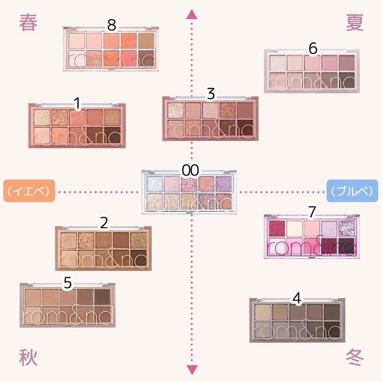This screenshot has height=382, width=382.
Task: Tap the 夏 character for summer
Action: click(355, 23)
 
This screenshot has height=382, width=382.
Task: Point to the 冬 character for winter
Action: click(355, 357)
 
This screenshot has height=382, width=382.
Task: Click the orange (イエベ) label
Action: click(29, 191)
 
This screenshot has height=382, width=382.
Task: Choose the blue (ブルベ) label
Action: click(353, 191)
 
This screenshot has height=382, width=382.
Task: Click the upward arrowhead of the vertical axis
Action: click(192, 14)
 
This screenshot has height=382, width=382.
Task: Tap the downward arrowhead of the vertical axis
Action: click(192, 369)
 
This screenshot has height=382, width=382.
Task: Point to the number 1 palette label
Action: click(77, 104)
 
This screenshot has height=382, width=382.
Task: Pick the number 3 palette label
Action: click(210, 94)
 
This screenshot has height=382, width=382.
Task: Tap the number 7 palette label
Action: click(311, 212)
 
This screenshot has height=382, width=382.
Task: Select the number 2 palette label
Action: click(104, 222)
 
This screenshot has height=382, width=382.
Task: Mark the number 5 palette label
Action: click(68, 282)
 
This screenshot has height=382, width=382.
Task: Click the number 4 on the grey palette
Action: click(296, 298)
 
